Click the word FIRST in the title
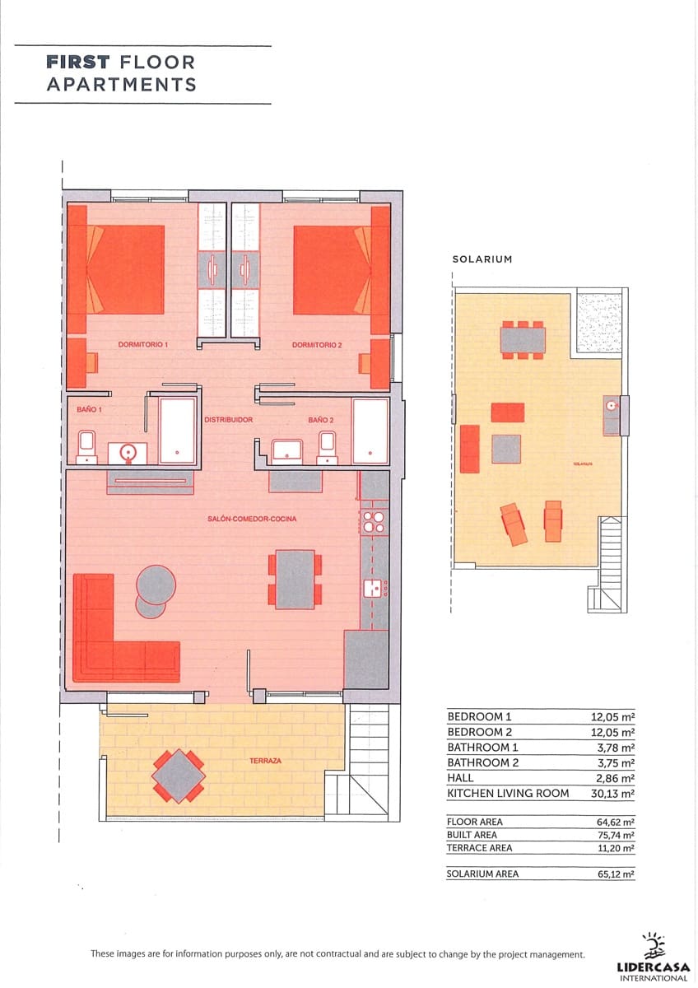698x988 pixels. pyautogui.click(x=79, y=62)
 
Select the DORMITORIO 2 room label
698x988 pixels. pyautogui.click(x=316, y=345)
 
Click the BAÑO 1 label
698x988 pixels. pyautogui.click(x=79, y=408)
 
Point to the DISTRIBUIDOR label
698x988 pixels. pyautogui.click(x=228, y=419)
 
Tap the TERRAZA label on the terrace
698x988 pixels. pyautogui.click(x=265, y=761)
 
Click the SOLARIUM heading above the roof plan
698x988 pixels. pyautogui.click(x=482, y=259)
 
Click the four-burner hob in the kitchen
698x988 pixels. pyautogui.click(x=374, y=523)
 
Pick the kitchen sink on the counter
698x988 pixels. pyautogui.click(x=374, y=587)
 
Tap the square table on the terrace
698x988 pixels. pyautogui.click(x=179, y=776)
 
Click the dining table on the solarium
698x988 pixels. pyautogui.click(x=523, y=339)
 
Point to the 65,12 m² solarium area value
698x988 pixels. pyautogui.click(x=615, y=874)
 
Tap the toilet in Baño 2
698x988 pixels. pyautogui.click(x=328, y=446)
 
